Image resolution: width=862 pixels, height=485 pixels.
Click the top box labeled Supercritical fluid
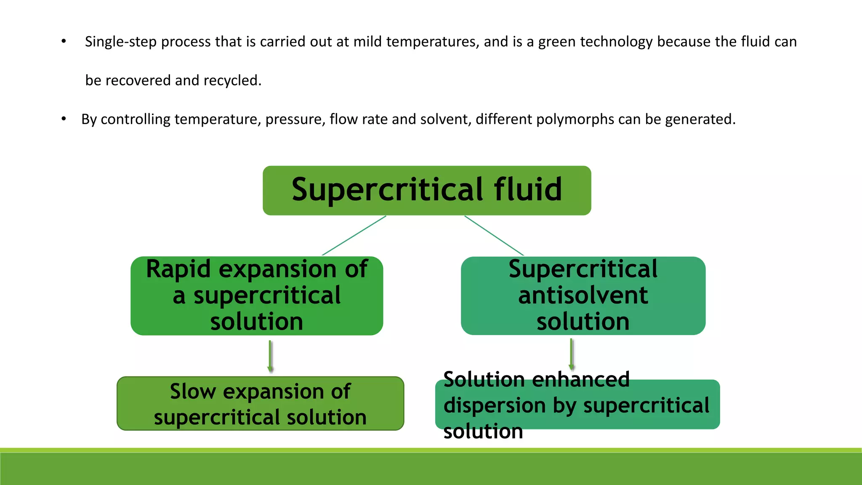427,190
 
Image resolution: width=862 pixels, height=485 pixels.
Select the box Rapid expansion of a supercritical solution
257,296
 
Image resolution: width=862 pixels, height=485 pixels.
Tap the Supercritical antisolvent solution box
583,296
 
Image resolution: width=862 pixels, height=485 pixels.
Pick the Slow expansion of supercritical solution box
260,403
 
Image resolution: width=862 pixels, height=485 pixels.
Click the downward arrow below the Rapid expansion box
270,356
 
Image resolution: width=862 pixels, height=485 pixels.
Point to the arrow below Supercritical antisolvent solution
572,354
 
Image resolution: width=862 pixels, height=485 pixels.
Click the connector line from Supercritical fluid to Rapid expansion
354,236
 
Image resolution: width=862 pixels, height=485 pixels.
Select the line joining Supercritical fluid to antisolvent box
494,236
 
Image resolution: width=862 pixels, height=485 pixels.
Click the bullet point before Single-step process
64,41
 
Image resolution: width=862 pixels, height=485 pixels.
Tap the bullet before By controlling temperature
64,119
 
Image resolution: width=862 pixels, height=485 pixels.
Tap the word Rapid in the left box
178,269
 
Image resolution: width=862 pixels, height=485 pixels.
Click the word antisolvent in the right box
583,295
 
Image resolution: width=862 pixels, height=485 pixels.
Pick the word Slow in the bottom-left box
193,392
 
